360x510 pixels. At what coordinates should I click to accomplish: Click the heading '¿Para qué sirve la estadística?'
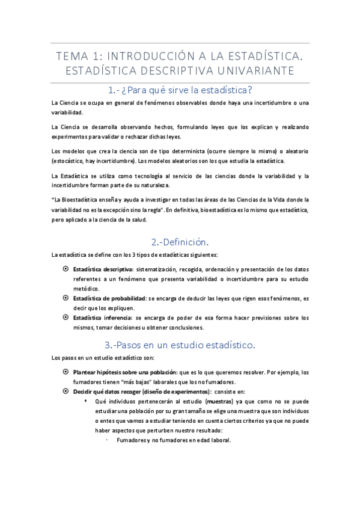coord(180,90)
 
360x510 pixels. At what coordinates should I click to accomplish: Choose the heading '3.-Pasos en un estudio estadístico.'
coord(180,345)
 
